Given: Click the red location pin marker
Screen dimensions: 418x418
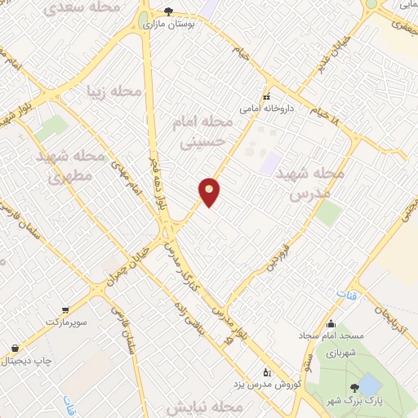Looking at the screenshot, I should (x=210, y=192).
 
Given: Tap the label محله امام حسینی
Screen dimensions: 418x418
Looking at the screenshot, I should (x=204, y=131).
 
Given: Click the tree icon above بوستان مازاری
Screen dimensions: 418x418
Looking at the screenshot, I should (x=168, y=11).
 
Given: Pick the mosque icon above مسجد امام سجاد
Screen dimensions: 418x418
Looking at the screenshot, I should (x=331, y=323).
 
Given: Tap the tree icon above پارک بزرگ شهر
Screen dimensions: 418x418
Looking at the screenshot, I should (x=354, y=387).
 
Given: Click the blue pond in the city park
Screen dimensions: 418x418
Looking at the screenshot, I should (x=370, y=383).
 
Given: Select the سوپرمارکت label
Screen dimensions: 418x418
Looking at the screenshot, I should (x=64, y=322).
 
